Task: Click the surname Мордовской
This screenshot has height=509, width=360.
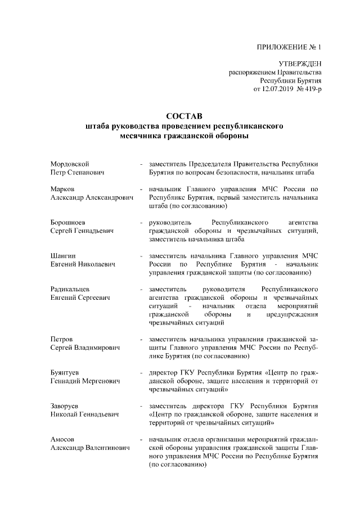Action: click(70, 164)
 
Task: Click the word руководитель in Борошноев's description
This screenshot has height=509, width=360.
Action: click(171, 222)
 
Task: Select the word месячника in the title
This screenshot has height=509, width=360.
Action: click(141, 136)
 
